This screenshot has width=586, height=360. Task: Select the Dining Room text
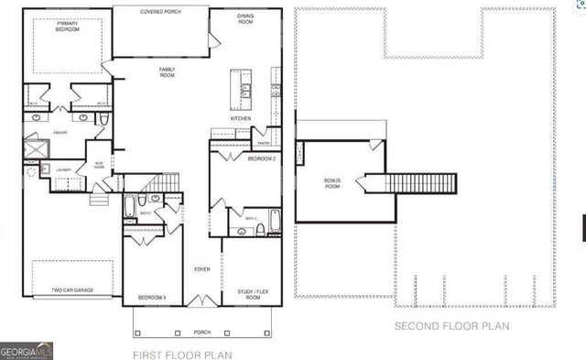[245, 17]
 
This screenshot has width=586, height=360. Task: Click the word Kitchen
[241, 119]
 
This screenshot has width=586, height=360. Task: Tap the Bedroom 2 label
[262, 159]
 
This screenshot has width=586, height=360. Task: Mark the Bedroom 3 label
[151, 298]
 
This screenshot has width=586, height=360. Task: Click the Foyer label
[202, 269]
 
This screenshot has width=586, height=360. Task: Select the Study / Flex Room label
[251, 293]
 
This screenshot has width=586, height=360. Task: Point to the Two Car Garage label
[69, 294]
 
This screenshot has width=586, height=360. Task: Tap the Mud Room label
[98, 166]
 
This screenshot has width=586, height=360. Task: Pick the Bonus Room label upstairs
[332, 183]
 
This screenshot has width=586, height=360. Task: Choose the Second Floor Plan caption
[451, 326]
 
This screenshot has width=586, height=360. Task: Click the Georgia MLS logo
[27, 350]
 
